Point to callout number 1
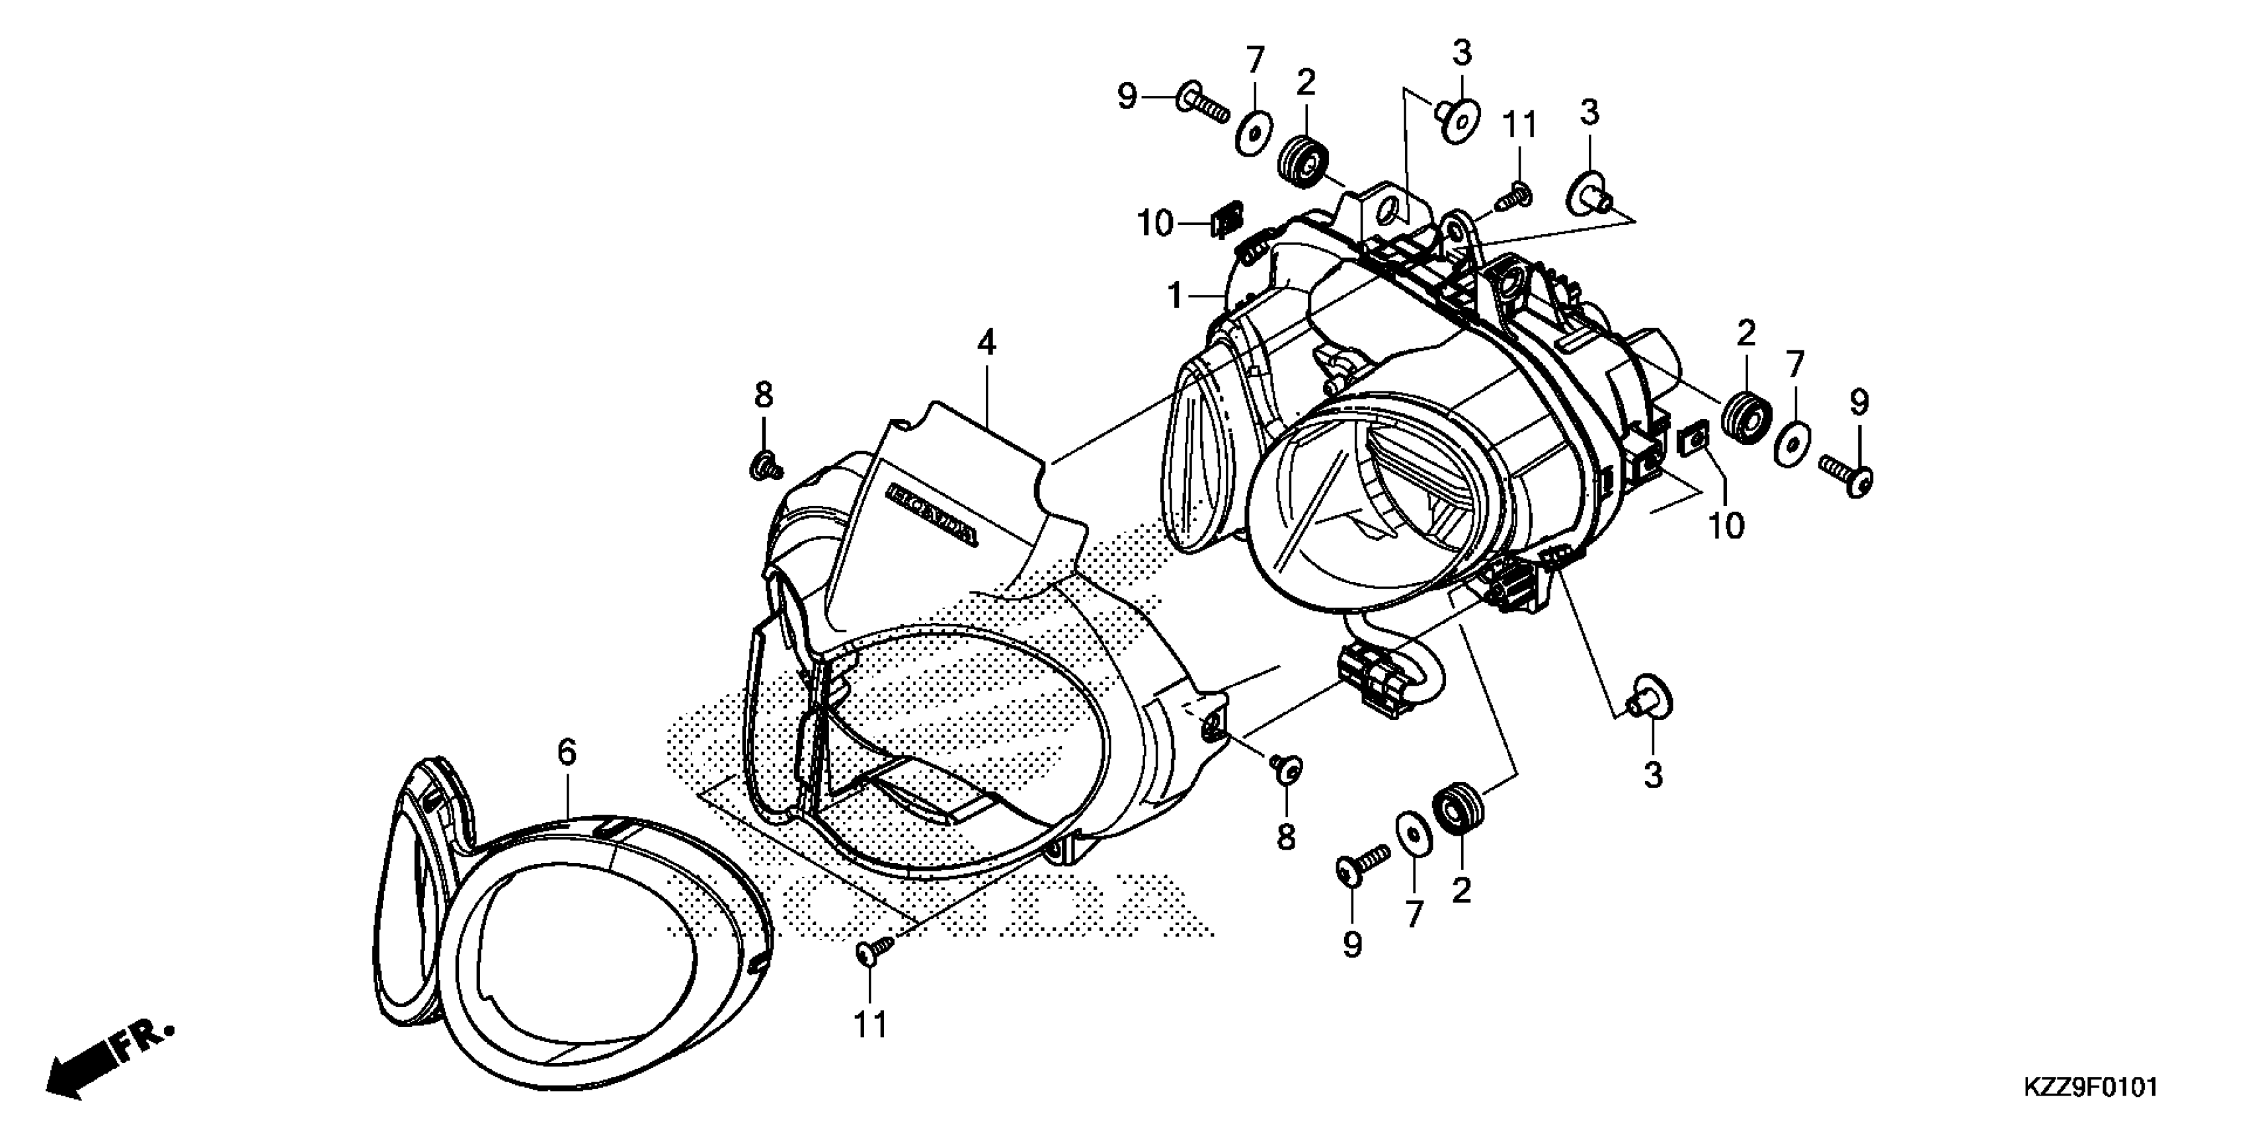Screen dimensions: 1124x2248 click(1176, 297)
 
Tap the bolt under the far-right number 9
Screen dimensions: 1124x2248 click(1846, 475)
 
